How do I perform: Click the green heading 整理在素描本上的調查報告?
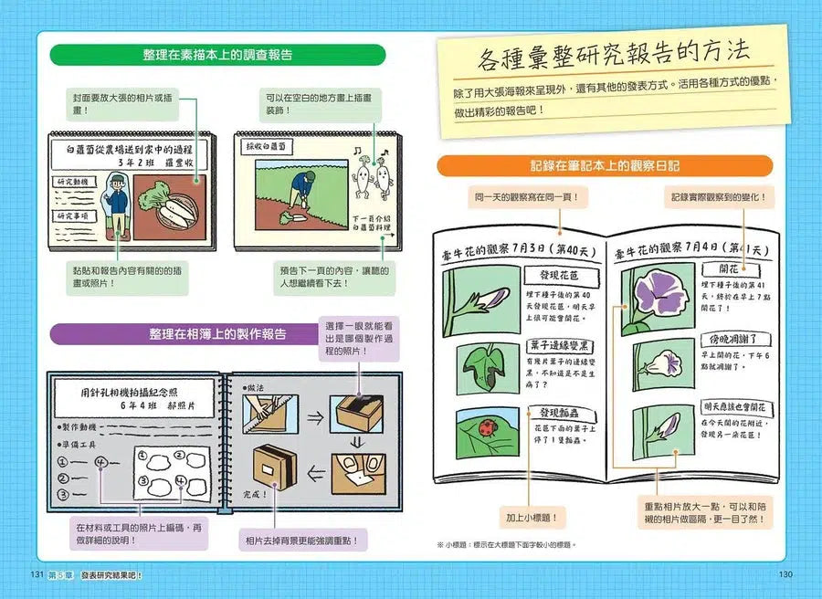[x=217, y=55]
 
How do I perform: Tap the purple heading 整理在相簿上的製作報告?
[x=217, y=334]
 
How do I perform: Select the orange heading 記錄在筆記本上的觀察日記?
[x=604, y=166]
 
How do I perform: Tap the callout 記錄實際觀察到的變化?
[x=718, y=196]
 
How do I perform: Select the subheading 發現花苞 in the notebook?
[x=558, y=274]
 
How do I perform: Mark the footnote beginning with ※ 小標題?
[x=507, y=545]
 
